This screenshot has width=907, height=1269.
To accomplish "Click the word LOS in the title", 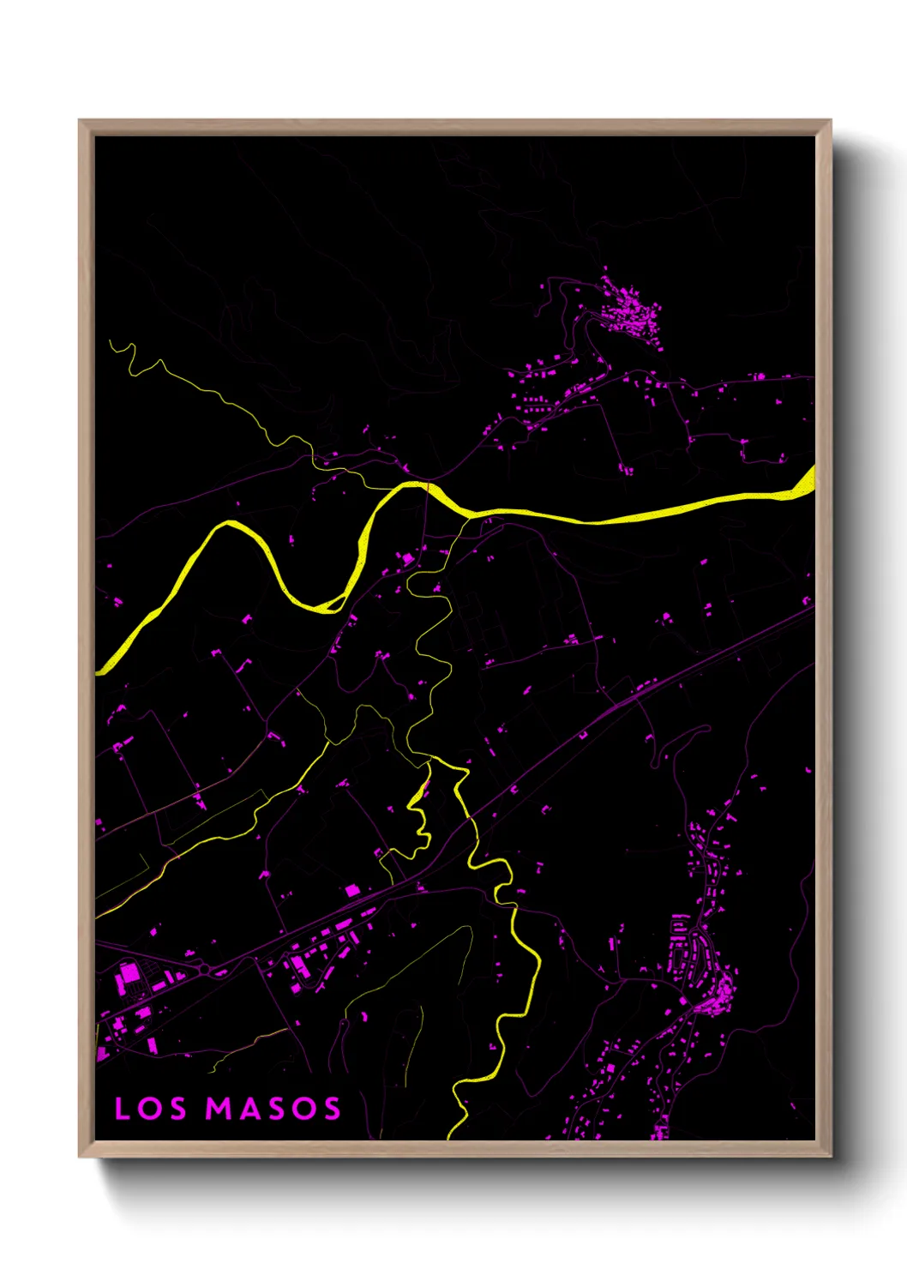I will coord(151,1109).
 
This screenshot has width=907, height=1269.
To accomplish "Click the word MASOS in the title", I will coord(273,1109).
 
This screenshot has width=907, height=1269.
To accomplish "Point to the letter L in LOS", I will coord(122,1109).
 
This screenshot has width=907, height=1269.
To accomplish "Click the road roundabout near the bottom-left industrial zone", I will coord(205,969).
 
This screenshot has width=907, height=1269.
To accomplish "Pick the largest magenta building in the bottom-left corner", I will coord(129,974).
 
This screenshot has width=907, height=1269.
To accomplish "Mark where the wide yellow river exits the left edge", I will coord(99,669).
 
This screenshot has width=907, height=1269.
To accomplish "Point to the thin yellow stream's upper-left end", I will coord(111,342).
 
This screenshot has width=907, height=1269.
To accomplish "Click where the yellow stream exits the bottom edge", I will coord(451,1136).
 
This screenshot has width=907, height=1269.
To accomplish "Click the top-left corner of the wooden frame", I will coord(80,121).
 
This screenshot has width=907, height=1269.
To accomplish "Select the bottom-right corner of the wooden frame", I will coord(831,1156).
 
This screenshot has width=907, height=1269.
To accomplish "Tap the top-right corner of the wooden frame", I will coord(831,121).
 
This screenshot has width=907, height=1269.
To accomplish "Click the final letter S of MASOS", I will coord(331,1109).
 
